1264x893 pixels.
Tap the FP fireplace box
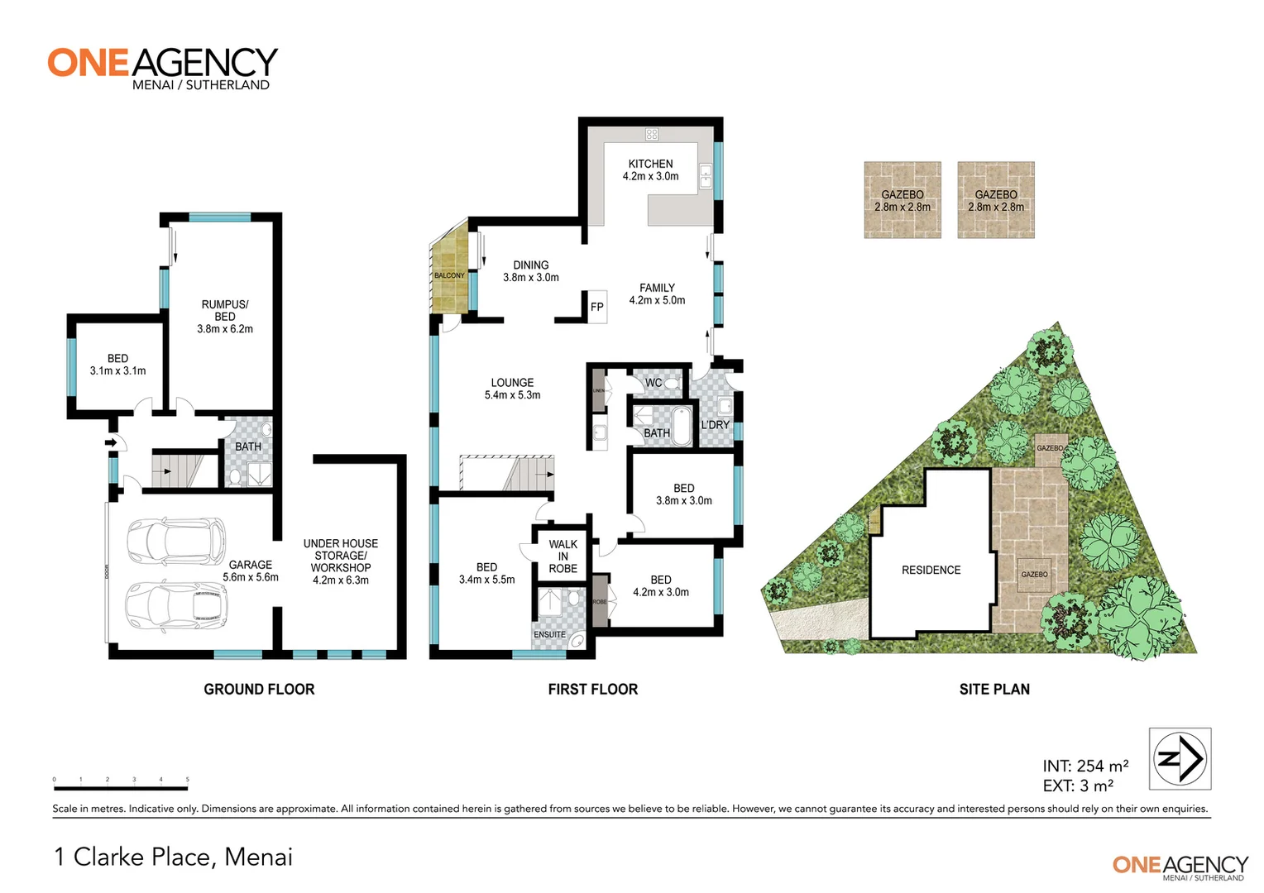596,307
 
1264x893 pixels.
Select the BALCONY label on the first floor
449,275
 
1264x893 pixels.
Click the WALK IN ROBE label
563,556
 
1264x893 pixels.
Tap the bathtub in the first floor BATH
681,426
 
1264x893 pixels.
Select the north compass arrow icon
1180,758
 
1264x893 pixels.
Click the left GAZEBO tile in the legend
903,200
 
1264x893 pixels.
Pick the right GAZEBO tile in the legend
996,200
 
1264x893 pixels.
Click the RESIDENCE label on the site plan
931,570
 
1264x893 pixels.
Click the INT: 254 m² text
1085,766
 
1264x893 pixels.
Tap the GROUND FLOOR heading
259,689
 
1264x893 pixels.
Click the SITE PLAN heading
994,689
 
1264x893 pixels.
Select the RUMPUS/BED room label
224,316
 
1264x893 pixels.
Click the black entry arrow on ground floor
111,443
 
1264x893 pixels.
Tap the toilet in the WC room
672,383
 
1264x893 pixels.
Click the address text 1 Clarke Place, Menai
174,857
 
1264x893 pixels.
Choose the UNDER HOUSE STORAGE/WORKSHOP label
340,561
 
